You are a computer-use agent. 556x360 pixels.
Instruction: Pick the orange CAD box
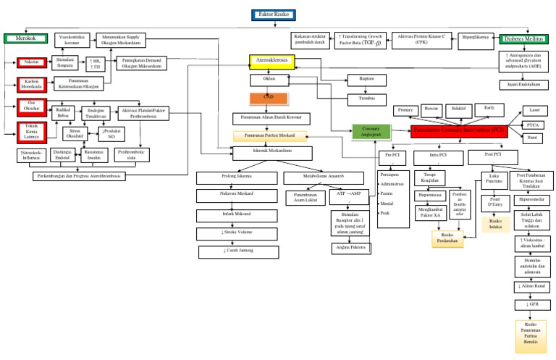pos(269,98)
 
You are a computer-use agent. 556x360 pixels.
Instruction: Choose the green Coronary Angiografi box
pos(371,131)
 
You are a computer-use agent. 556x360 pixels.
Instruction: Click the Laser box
pos(534,110)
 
